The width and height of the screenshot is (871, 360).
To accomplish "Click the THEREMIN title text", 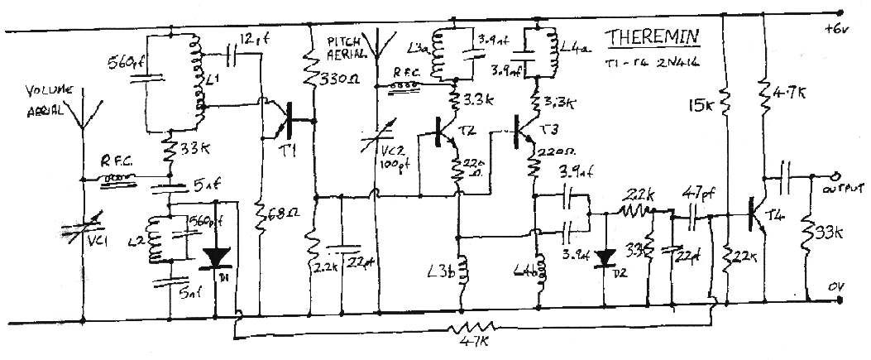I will point(652,38).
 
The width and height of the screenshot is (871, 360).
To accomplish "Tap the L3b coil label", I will point(438,270).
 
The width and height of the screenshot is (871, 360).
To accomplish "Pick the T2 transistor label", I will point(467,132).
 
